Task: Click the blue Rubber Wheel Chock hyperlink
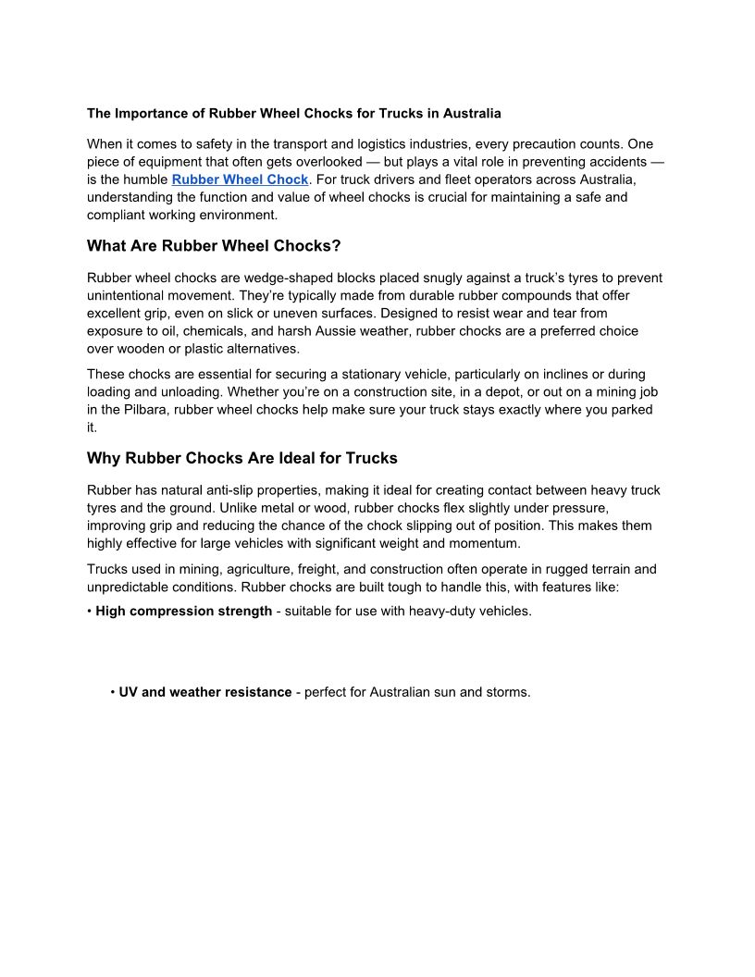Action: [240, 179]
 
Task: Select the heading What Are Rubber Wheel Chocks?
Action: [214, 246]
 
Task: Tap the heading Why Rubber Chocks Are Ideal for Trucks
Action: [241, 458]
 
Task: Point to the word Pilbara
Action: [143, 410]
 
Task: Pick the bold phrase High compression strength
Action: [183, 612]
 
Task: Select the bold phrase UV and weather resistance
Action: [204, 692]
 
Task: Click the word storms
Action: [507, 692]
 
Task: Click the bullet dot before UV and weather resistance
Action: [112, 692]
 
